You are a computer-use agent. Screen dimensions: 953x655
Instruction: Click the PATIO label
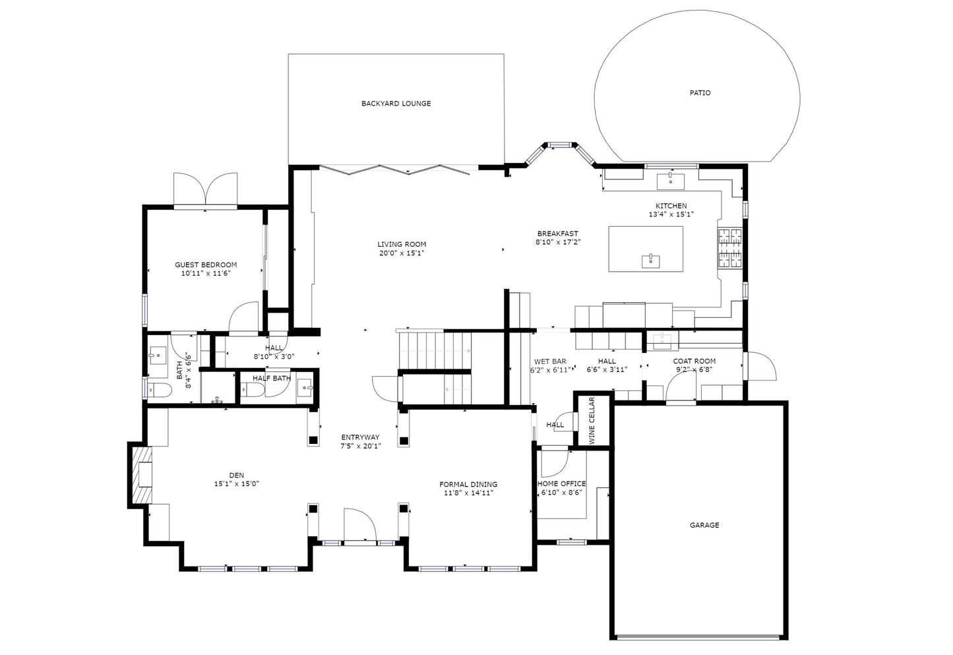(x=700, y=93)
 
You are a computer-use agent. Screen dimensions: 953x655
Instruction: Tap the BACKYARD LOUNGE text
(x=396, y=104)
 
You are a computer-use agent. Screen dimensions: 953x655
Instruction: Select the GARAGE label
(x=704, y=525)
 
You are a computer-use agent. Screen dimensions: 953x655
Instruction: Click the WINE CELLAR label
(x=592, y=420)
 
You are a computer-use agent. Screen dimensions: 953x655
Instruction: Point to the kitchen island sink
(x=650, y=261)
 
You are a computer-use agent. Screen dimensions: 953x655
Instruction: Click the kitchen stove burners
(x=730, y=248)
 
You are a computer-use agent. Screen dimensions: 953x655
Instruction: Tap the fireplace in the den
(x=141, y=475)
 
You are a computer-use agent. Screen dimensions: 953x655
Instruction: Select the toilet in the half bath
(x=252, y=389)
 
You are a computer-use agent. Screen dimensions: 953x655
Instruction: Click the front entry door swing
(x=359, y=525)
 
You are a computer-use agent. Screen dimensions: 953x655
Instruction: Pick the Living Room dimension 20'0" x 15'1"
(x=402, y=253)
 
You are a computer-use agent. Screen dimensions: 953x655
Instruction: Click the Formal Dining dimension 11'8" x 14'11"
(x=468, y=493)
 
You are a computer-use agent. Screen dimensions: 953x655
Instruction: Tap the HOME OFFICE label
(x=561, y=484)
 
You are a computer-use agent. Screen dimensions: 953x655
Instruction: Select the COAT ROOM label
(x=694, y=361)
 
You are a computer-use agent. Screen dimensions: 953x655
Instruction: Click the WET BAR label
(x=550, y=361)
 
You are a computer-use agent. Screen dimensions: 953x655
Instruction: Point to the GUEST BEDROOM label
(x=206, y=265)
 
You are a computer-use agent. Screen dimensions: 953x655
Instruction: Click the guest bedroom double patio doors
(x=206, y=190)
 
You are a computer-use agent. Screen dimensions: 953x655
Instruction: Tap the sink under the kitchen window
(x=671, y=181)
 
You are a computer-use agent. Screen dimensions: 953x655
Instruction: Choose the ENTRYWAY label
(x=360, y=437)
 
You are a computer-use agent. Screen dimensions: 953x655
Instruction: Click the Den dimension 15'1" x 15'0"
(x=237, y=484)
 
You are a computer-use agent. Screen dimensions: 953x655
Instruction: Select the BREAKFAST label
(x=557, y=234)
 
